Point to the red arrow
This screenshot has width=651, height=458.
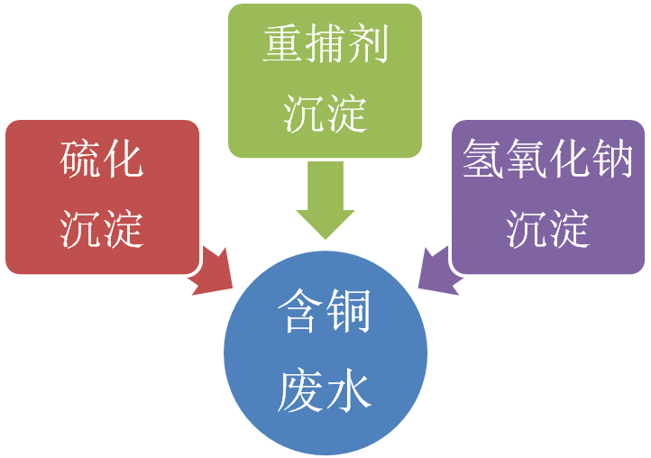coord(215,270)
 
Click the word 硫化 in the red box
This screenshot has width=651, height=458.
coord(102,162)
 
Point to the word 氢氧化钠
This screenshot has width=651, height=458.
coord(548,162)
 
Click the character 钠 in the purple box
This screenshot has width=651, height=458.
coord(613,162)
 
